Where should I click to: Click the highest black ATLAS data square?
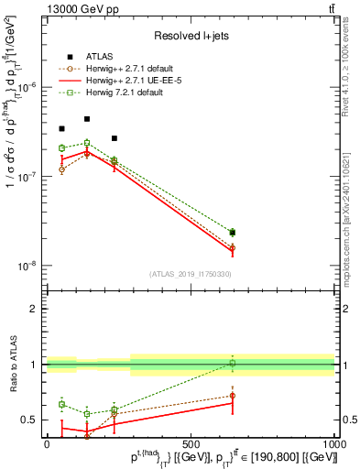point(87,119)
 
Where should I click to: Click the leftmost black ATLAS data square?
point(61,129)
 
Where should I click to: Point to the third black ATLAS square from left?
point(114,138)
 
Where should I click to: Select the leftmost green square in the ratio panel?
point(61,404)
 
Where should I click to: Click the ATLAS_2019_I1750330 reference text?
point(190,274)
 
